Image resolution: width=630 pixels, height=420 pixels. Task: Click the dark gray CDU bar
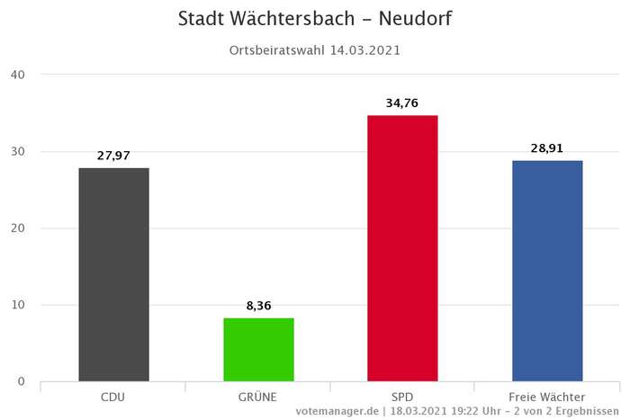(113, 274)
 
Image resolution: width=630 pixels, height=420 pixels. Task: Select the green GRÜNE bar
(258, 349)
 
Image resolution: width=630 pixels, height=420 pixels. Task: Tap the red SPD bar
(402, 248)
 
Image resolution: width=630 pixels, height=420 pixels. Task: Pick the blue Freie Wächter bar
(547, 271)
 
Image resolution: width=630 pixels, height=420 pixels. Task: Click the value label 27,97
(113, 156)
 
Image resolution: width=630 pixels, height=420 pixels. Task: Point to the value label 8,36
(258, 306)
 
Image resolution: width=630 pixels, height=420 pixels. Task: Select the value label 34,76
(402, 103)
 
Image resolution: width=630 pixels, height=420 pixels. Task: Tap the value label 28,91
(547, 148)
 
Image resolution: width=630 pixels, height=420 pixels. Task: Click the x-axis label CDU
(113, 397)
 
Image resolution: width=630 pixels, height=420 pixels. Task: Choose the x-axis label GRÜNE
(258, 397)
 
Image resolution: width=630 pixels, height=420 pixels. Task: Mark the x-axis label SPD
(402, 397)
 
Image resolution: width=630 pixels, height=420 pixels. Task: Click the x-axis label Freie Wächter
(547, 397)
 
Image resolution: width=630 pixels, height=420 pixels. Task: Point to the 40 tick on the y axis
(17, 75)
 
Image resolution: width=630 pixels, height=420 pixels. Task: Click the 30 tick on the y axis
(17, 151)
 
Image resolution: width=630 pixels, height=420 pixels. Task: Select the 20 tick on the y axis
(17, 228)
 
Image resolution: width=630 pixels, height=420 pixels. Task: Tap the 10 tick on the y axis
(17, 305)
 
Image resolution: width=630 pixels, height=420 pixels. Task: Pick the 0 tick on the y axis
(21, 382)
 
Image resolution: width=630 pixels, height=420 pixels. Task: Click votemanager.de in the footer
(336, 411)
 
